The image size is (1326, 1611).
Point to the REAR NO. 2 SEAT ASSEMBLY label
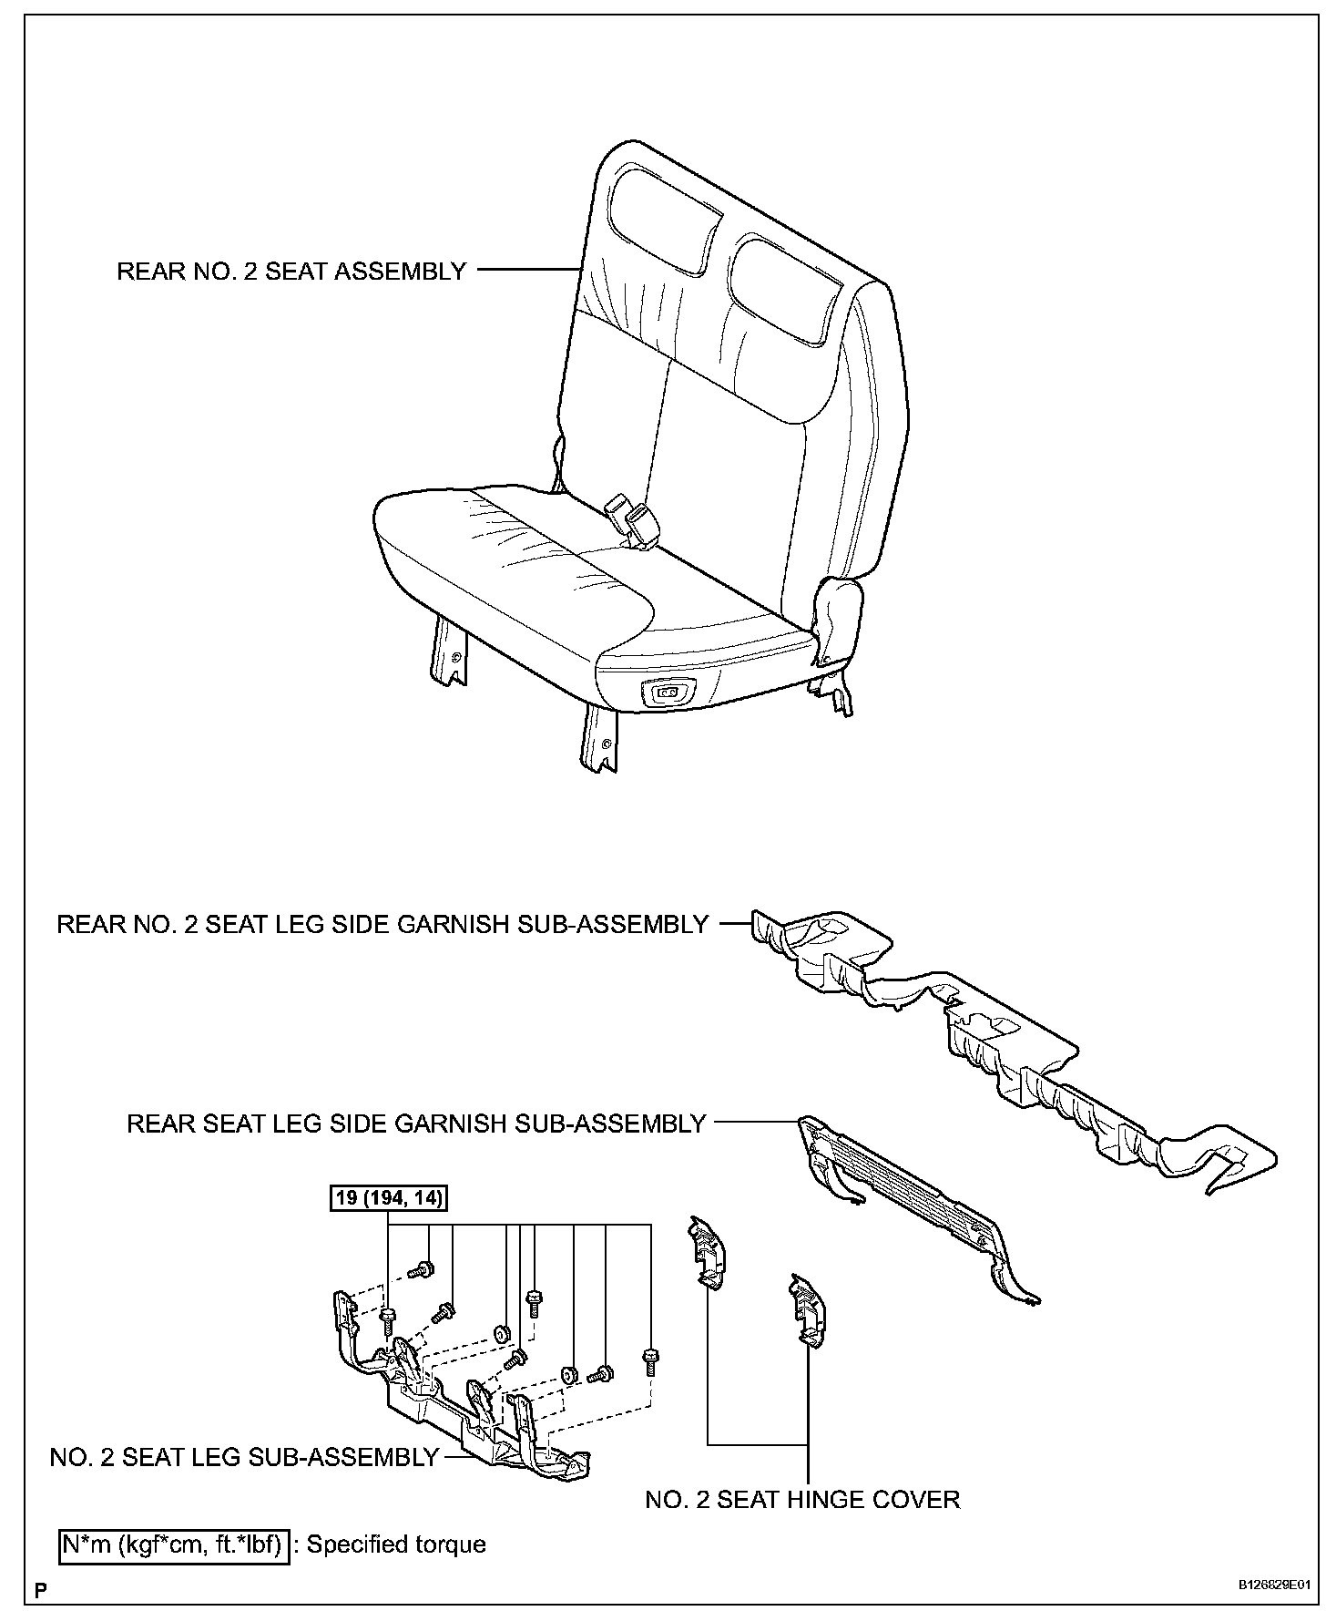tap(291, 271)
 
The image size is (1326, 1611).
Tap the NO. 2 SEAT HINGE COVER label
tap(802, 1499)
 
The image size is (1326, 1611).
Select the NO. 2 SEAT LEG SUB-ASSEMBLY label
tap(244, 1457)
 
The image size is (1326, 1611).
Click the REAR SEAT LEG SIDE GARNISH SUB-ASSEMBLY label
tap(416, 1124)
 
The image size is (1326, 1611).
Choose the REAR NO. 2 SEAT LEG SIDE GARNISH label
tap(382, 924)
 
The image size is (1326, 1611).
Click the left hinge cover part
tap(707, 1255)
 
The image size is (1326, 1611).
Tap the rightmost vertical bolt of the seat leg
tap(650, 1360)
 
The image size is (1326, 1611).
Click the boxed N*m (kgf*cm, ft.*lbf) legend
tap(174, 1544)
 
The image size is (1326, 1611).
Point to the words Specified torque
tap(396, 1544)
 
